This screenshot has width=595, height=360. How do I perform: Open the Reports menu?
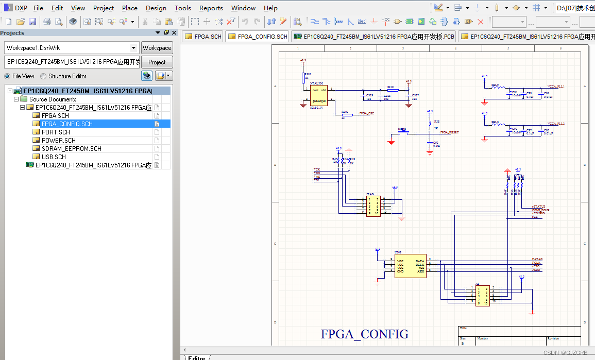tap(211, 8)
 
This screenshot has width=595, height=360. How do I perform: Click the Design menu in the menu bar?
tap(156, 8)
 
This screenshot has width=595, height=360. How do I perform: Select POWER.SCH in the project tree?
tap(58, 140)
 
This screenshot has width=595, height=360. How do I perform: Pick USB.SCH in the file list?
tap(54, 157)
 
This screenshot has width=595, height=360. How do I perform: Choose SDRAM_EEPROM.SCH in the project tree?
tap(71, 148)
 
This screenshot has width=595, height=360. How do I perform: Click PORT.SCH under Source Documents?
tap(56, 132)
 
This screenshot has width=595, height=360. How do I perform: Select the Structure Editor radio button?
tap(44, 76)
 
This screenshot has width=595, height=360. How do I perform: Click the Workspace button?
tap(157, 48)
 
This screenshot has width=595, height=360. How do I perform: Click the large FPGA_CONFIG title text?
tap(364, 334)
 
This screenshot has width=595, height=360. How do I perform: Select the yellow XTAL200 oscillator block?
tap(319, 96)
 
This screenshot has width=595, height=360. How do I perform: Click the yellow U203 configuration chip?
tap(411, 265)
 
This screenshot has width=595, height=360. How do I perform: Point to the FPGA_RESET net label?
tap(446, 132)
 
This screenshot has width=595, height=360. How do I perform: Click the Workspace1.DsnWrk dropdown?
tap(72, 48)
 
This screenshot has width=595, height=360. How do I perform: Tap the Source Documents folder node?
tap(53, 99)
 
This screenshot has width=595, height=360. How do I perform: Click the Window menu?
tap(243, 8)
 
